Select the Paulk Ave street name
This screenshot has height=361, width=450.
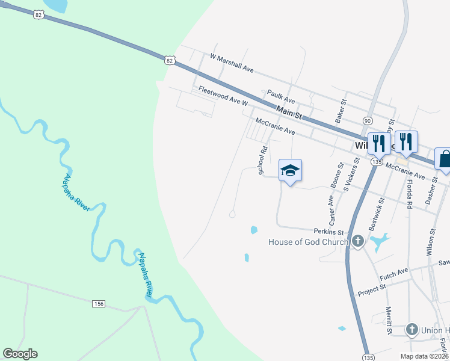click(281, 96)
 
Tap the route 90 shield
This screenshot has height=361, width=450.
click(367, 120)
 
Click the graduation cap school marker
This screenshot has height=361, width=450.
click(289, 170)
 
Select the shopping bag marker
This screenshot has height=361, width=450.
click(444, 159)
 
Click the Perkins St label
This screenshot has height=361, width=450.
click(328, 232)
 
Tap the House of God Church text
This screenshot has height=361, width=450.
click(308, 242)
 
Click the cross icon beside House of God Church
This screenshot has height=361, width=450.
click(357, 242)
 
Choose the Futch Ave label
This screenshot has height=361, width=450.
click(394, 273)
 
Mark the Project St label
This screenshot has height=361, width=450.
click(371, 289)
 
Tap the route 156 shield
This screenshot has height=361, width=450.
click(99, 304)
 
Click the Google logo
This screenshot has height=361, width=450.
click(20, 354)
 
